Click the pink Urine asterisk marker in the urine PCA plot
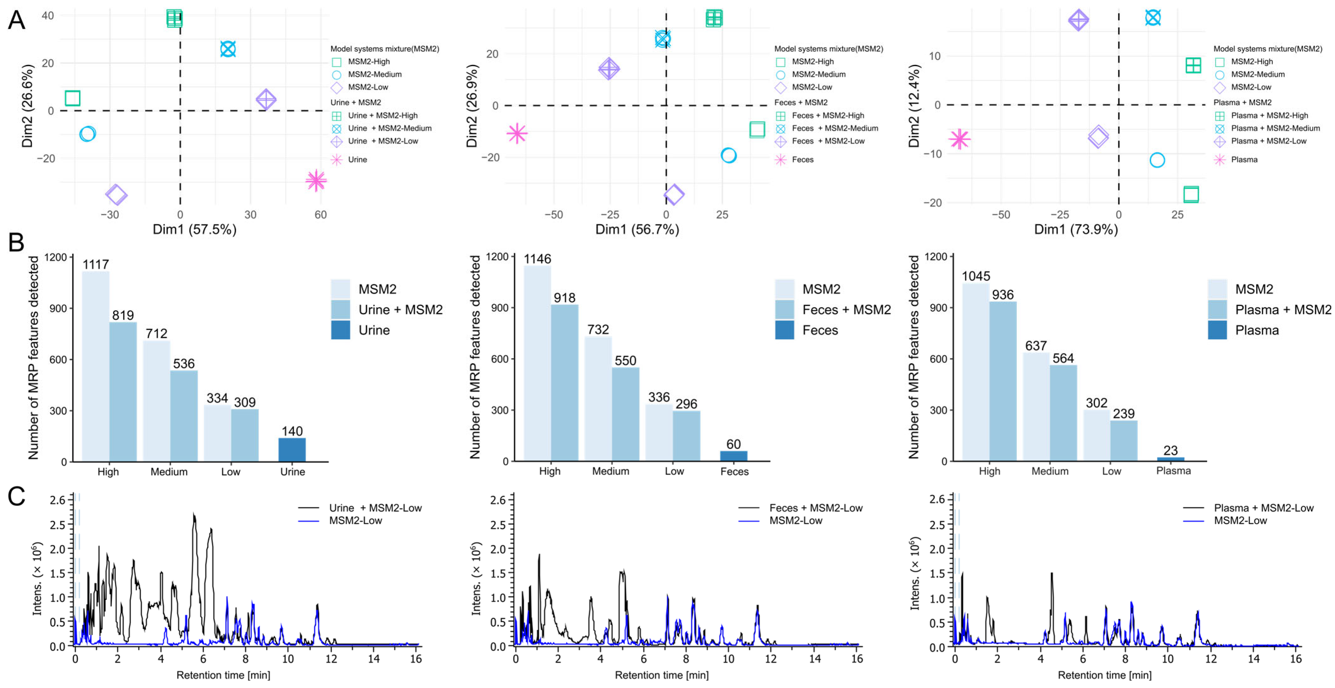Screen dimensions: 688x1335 (316, 180)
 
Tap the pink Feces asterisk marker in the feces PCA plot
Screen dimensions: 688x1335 (517, 133)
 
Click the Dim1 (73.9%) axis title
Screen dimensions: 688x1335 (1076, 229)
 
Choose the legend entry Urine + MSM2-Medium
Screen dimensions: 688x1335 (389, 128)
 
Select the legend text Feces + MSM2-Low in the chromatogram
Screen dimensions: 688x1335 (816, 508)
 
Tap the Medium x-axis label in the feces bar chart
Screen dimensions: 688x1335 (610, 471)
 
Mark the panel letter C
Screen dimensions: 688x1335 (17, 496)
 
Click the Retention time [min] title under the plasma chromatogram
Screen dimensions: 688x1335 (1104, 675)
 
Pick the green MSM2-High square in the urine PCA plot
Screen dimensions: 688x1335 (72, 98)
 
